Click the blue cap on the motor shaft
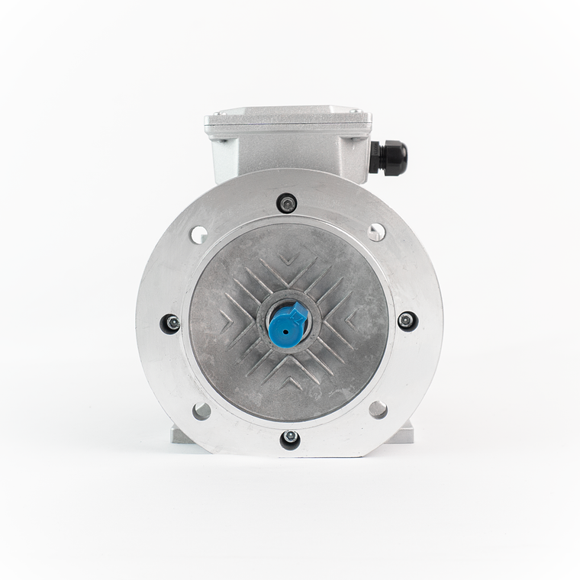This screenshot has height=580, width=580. (x=288, y=322)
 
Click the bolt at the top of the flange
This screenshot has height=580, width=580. (x=288, y=204)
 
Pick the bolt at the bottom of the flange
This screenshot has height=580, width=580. (x=290, y=437)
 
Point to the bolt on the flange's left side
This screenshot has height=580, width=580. (x=172, y=323)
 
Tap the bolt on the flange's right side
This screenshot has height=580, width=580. (x=407, y=320)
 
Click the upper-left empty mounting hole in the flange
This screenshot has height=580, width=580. (x=199, y=234)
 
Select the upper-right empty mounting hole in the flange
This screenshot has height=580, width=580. (x=376, y=232)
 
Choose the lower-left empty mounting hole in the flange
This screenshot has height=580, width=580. (x=201, y=411)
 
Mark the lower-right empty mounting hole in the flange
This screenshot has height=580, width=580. (x=378, y=409)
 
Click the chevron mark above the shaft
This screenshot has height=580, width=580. (x=288, y=258)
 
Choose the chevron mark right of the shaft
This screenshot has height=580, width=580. (x=351, y=319)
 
